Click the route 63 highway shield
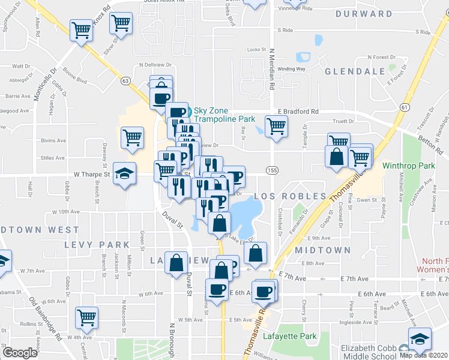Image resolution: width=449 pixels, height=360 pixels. pos(125,80)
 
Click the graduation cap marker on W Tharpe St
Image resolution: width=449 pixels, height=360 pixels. pos(124,175)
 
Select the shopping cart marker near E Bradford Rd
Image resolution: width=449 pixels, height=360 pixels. pos(276,127)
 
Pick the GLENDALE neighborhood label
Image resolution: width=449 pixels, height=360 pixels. pos(354,71)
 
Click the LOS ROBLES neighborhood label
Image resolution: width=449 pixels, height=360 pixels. pos(290,196)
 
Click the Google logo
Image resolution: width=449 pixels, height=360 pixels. pos(20,353)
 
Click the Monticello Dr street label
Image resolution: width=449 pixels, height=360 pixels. pos(44,84)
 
